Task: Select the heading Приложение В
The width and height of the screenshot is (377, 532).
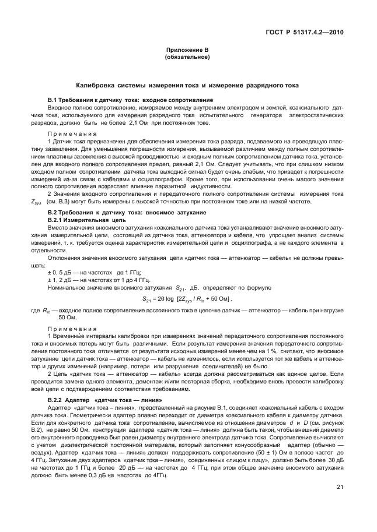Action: pyautogui.click(x=187, y=52)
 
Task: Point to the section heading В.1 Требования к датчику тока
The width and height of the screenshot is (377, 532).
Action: pyautogui.click(x=130, y=101)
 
